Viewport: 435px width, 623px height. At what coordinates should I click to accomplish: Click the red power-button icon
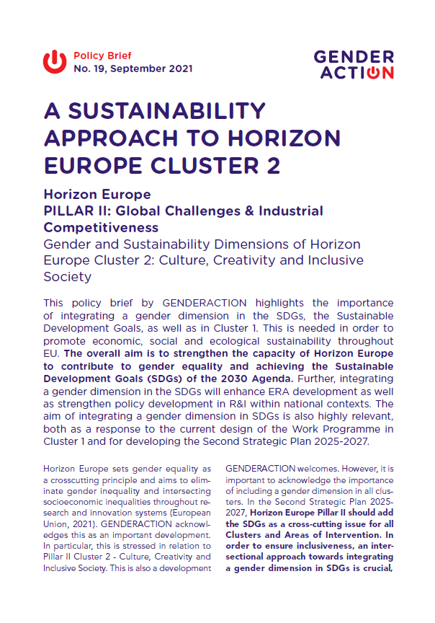pyautogui.click(x=55, y=62)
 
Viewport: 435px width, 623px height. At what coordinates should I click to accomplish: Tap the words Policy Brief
pyautogui.click(x=102, y=56)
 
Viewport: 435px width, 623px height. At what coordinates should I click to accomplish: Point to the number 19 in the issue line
pyautogui.click(x=97, y=69)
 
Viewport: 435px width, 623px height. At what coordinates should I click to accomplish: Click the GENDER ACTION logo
pyautogui.click(x=354, y=63)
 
